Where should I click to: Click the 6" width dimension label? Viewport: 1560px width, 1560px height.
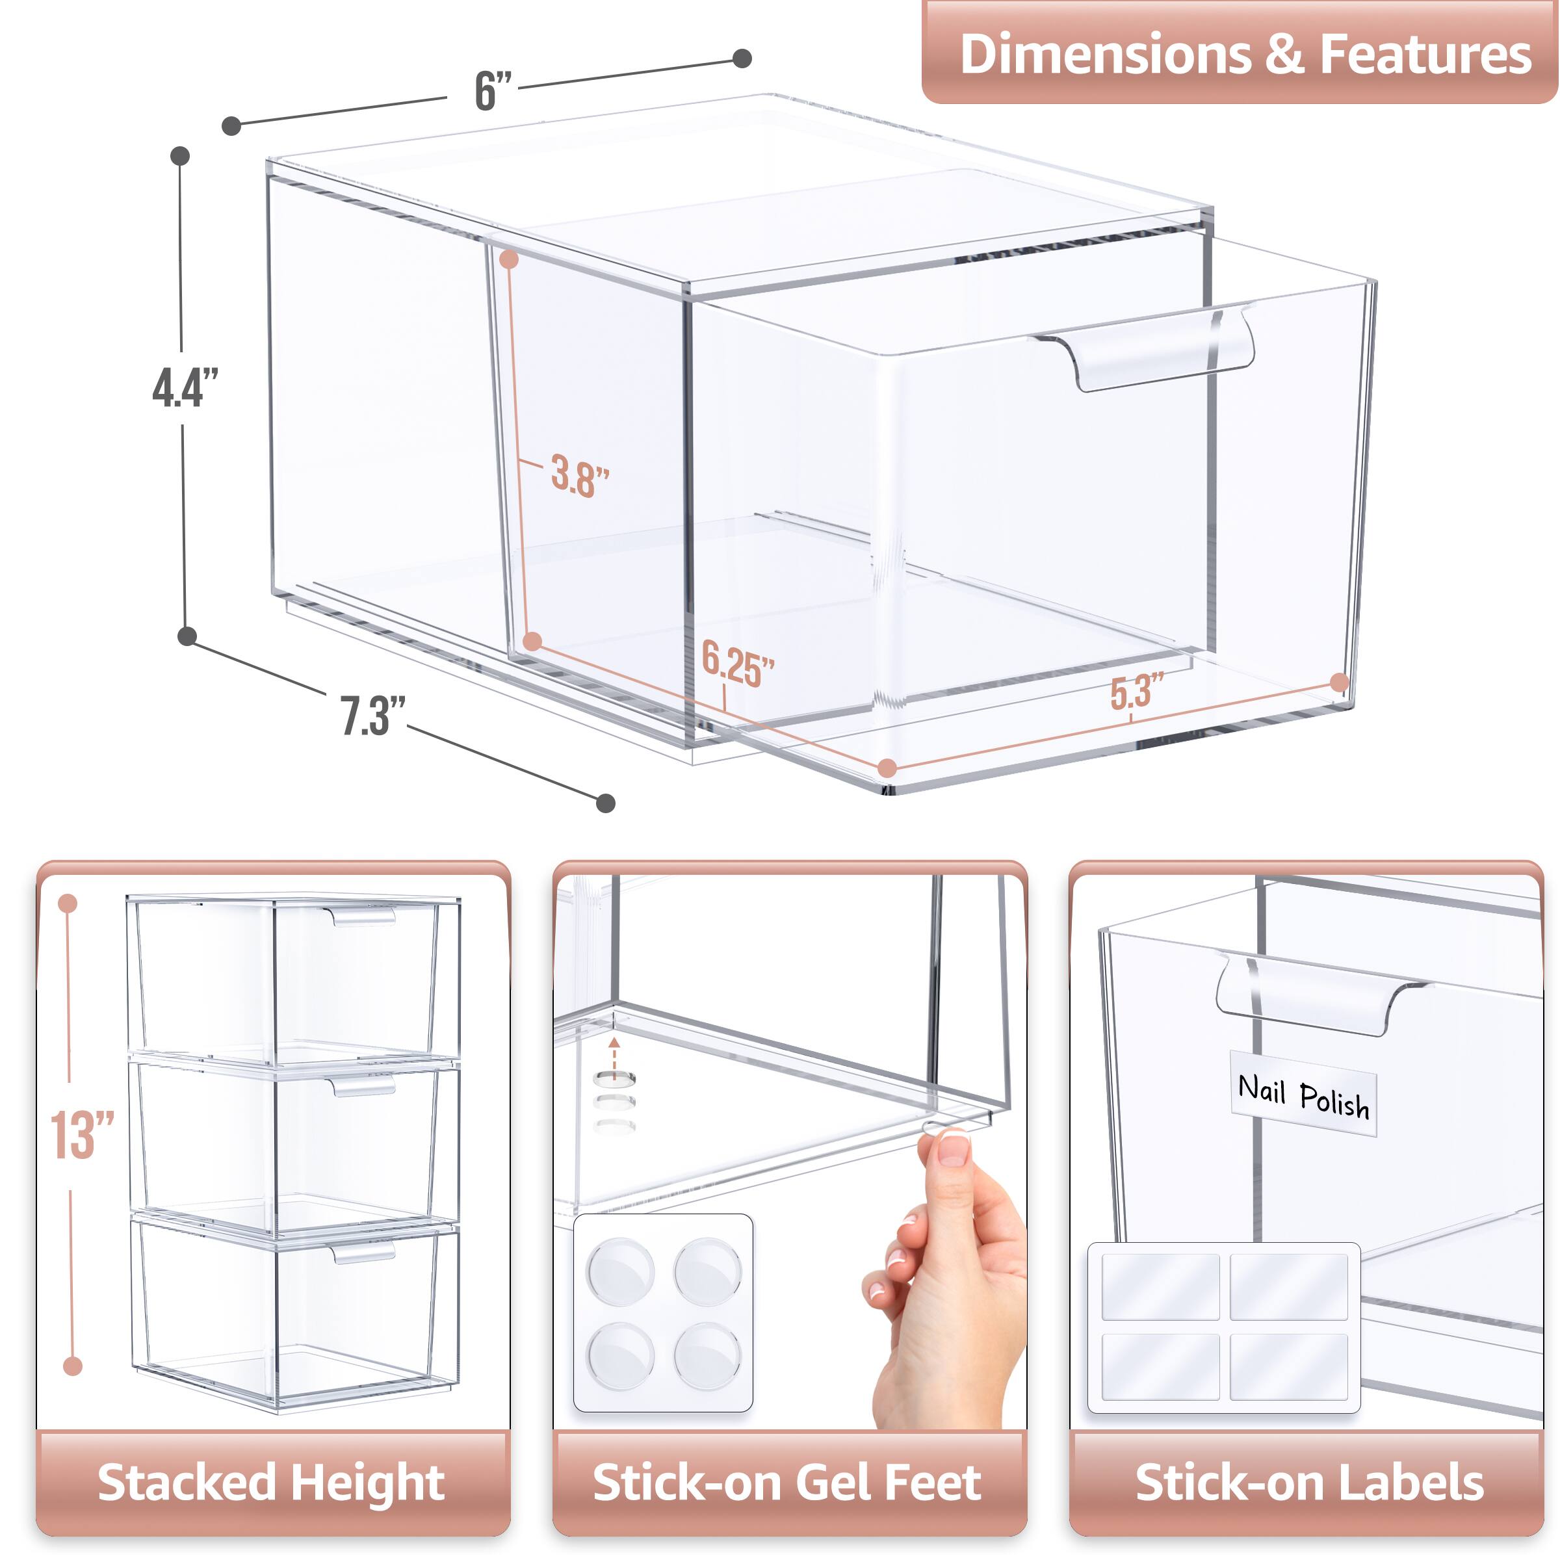pyautogui.click(x=493, y=90)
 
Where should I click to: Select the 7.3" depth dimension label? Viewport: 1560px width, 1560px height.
pyautogui.click(x=371, y=716)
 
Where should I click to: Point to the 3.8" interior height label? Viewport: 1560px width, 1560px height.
pyautogui.click(x=579, y=476)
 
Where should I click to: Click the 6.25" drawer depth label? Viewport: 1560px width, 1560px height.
pyautogui.click(x=736, y=664)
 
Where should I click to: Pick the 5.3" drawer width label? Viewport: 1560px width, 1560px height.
pyautogui.click(x=1137, y=692)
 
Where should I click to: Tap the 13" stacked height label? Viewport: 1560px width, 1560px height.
pyautogui.click(x=83, y=1136)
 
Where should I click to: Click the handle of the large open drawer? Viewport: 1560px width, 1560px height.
pyautogui.click(x=1147, y=349)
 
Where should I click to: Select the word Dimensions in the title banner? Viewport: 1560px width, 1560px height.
pyautogui.click(x=1104, y=54)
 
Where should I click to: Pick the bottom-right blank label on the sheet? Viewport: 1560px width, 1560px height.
pyautogui.click(x=1289, y=1366)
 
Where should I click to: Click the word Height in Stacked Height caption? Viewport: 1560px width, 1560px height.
pyautogui.click(x=368, y=1483)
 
